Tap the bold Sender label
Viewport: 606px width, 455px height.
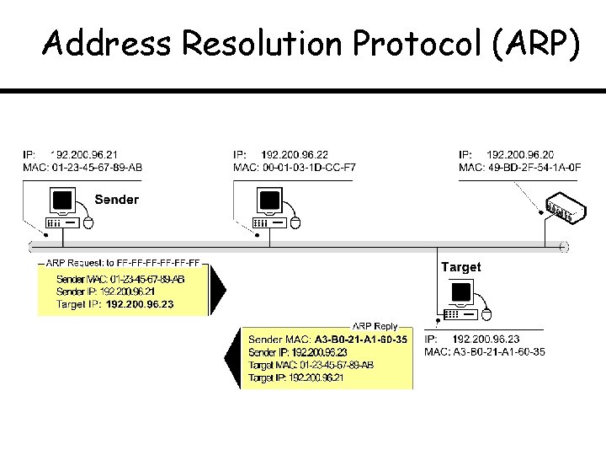pos(116,200)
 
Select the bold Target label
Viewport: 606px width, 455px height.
pos(461,267)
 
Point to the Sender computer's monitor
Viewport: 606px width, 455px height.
pos(63,201)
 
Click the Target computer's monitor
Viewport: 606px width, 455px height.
pos(460,292)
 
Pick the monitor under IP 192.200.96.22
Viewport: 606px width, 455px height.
pos(269,201)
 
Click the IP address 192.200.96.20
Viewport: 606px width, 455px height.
pos(520,155)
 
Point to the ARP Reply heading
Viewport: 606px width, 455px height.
pos(375,325)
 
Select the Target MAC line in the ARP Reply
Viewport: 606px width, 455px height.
pos(311,365)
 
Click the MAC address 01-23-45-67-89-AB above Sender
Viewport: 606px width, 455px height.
pos(97,168)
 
